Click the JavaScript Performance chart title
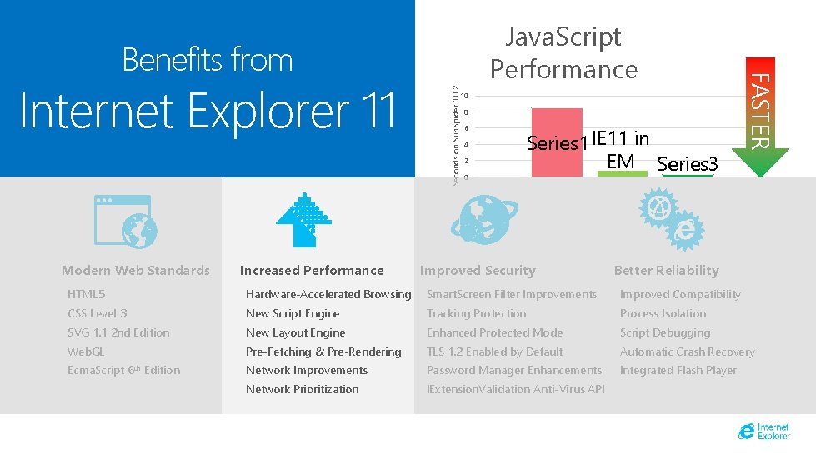coord(563,52)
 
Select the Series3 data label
coord(688,164)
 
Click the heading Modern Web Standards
coord(136,270)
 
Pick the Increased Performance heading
coord(312,270)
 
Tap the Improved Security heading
coord(478,270)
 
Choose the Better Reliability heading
coord(666,270)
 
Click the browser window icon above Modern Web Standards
coord(123,222)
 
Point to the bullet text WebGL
coord(86,352)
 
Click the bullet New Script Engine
coord(293,313)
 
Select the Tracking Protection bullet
coord(476,313)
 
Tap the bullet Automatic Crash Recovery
coord(687,352)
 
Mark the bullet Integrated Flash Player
coord(678,370)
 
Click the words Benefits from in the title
coord(208,60)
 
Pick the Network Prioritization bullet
coord(302,389)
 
